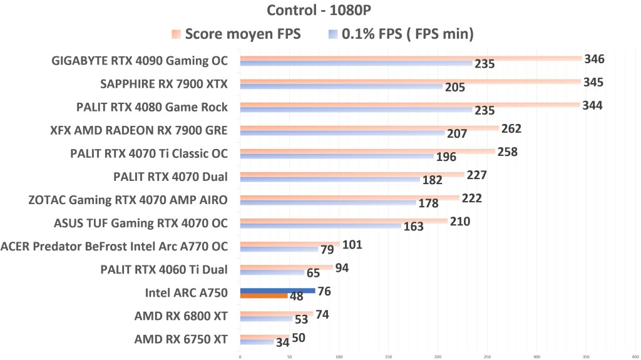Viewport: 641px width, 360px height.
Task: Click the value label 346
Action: tap(594, 59)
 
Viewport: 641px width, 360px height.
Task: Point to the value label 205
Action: tap(454, 88)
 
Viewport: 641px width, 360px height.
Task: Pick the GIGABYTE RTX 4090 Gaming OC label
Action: tap(139, 61)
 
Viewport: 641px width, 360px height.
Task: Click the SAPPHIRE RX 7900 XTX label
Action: tap(164, 84)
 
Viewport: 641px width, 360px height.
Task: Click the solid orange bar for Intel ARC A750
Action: tap(264, 296)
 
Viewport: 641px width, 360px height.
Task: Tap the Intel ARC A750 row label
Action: tap(186, 292)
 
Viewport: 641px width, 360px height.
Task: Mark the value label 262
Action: tap(511, 129)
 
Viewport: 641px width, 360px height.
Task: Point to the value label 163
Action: tap(413, 227)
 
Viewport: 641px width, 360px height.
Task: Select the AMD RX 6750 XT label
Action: tap(181, 339)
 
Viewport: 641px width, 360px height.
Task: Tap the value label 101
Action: tap(352, 245)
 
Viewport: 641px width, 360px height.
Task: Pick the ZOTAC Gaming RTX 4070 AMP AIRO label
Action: tap(128, 200)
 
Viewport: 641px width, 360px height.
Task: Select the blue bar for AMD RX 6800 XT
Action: tap(266, 319)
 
